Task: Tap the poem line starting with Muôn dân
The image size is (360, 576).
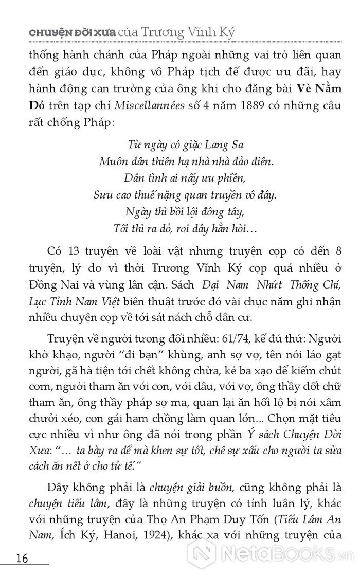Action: pyautogui.click(x=186, y=161)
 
